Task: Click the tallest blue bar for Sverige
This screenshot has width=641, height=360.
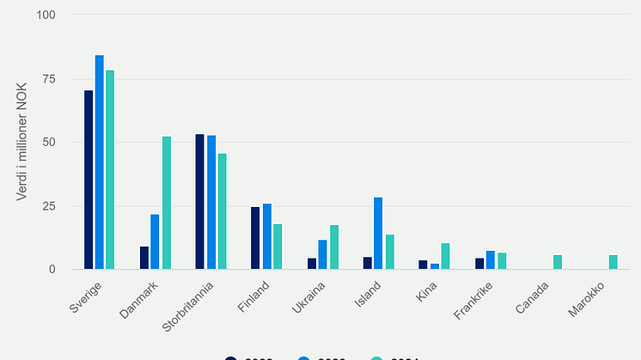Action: (100, 162)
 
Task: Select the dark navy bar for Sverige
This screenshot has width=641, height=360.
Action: (89, 180)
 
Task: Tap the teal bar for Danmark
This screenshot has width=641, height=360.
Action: (166, 203)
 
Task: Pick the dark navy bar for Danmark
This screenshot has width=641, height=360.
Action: (144, 258)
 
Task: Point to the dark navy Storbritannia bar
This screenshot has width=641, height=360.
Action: (200, 202)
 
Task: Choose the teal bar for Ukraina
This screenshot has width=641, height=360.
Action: (333, 247)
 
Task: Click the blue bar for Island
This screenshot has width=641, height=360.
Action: (378, 234)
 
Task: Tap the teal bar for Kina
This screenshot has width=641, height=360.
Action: (445, 256)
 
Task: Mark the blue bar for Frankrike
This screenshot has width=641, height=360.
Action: (490, 260)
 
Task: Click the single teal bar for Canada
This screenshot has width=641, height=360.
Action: (557, 262)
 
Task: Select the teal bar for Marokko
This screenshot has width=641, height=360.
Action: (613, 262)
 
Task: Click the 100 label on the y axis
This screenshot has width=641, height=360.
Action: (46, 15)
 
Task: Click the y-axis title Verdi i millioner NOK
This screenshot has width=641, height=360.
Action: (23, 142)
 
